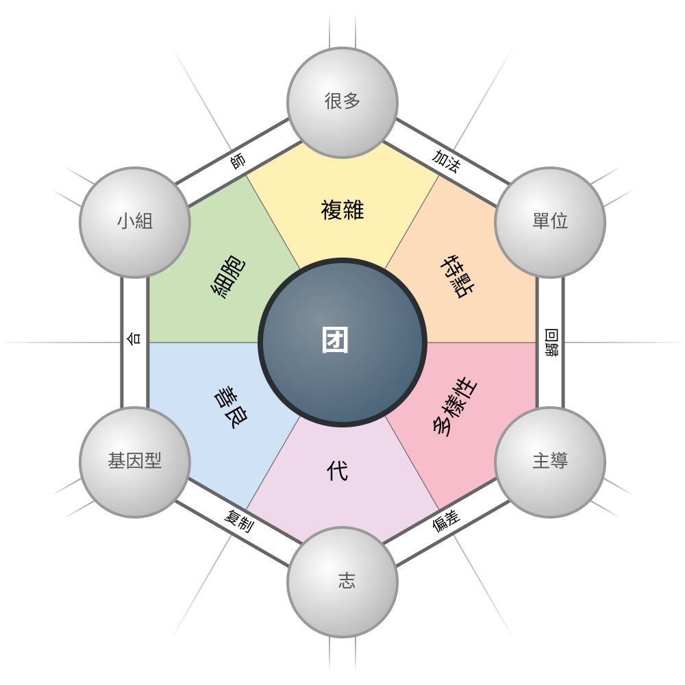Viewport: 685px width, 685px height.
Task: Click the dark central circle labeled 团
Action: (x=342, y=342)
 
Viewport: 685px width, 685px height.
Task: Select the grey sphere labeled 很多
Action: (x=342, y=102)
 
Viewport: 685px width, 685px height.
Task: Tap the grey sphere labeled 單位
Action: (x=550, y=222)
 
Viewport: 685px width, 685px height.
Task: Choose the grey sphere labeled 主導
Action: (x=550, y=462)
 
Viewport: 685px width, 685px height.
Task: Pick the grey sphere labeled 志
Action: (x=342, y=582)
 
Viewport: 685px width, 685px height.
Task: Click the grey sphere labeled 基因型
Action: (x=134, y=462)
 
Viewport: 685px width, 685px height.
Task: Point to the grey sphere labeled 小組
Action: (x=134, y=222)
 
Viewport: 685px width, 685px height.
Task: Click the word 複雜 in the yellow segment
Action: (x=342, y=210)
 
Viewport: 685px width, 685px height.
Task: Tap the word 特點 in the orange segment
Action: (x=458, y=277)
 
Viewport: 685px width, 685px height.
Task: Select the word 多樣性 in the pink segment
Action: (x=456, y=408)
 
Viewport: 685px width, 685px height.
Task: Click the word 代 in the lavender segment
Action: (x=338, y=471)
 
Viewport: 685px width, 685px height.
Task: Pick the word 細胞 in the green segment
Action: (x=228, y=277)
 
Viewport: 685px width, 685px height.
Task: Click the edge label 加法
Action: (x=446, y=162)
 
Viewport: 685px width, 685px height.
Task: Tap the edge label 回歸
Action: (x=551, y=342)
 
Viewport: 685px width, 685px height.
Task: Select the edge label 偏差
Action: (x=446, y=521)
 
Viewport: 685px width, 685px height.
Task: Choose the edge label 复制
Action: (x=238, y=521)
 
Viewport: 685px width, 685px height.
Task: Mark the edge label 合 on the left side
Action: (x=134, y=338)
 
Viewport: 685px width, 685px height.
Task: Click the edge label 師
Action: (x=238, y=162)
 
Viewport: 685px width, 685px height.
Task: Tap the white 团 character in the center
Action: (x=335, y=340)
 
